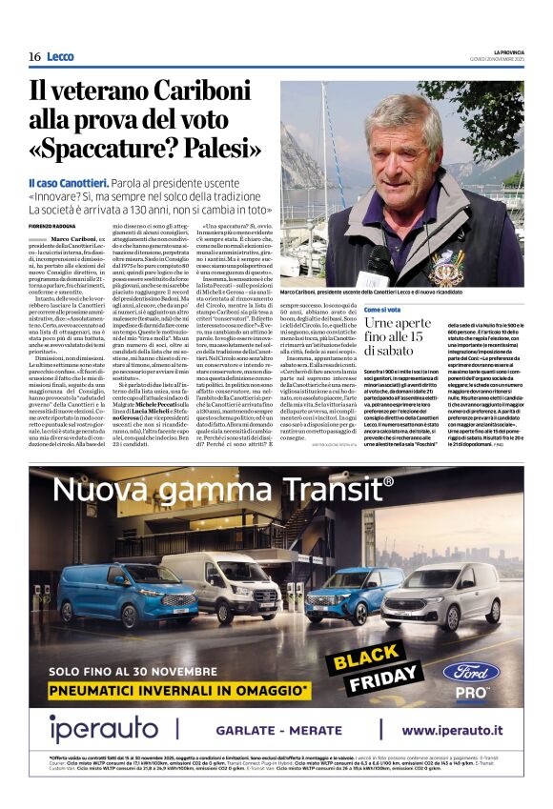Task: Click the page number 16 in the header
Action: coord(34,57)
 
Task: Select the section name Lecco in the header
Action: coord(60,57)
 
